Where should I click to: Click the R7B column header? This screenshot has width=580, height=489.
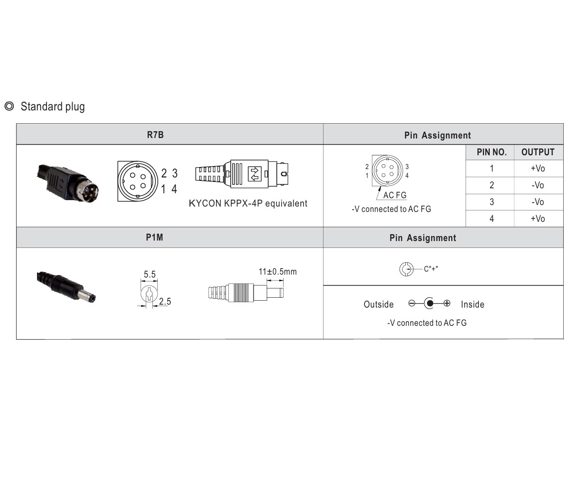[155, 135]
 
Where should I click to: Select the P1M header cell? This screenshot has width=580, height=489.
[154, 238]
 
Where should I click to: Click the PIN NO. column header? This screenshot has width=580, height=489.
[491, 152]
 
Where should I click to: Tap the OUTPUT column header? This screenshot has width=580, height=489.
[538, 152]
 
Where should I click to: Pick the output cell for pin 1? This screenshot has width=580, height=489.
[538, 169]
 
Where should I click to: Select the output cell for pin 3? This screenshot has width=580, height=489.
[538, 202]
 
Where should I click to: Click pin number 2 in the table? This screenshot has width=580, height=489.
[491, 185]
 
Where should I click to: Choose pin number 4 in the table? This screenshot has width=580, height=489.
[491, 219]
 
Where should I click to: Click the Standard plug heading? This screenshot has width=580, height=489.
[52, 106]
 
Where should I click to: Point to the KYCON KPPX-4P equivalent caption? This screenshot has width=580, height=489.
[248, 203]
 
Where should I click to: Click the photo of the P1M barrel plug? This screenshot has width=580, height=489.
[66, 286]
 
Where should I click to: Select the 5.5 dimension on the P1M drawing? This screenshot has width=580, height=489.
[150, 274]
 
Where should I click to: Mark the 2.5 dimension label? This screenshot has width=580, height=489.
[165, 301]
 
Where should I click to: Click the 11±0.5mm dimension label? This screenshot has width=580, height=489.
[278, 272]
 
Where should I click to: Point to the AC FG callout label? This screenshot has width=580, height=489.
[395, 195]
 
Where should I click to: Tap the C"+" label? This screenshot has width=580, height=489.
[431, 269]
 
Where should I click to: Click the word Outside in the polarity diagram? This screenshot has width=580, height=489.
[379, 305]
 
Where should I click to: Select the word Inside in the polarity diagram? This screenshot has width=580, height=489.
[472, 305]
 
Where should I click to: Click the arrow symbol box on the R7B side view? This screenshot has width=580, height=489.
[254, 173]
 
